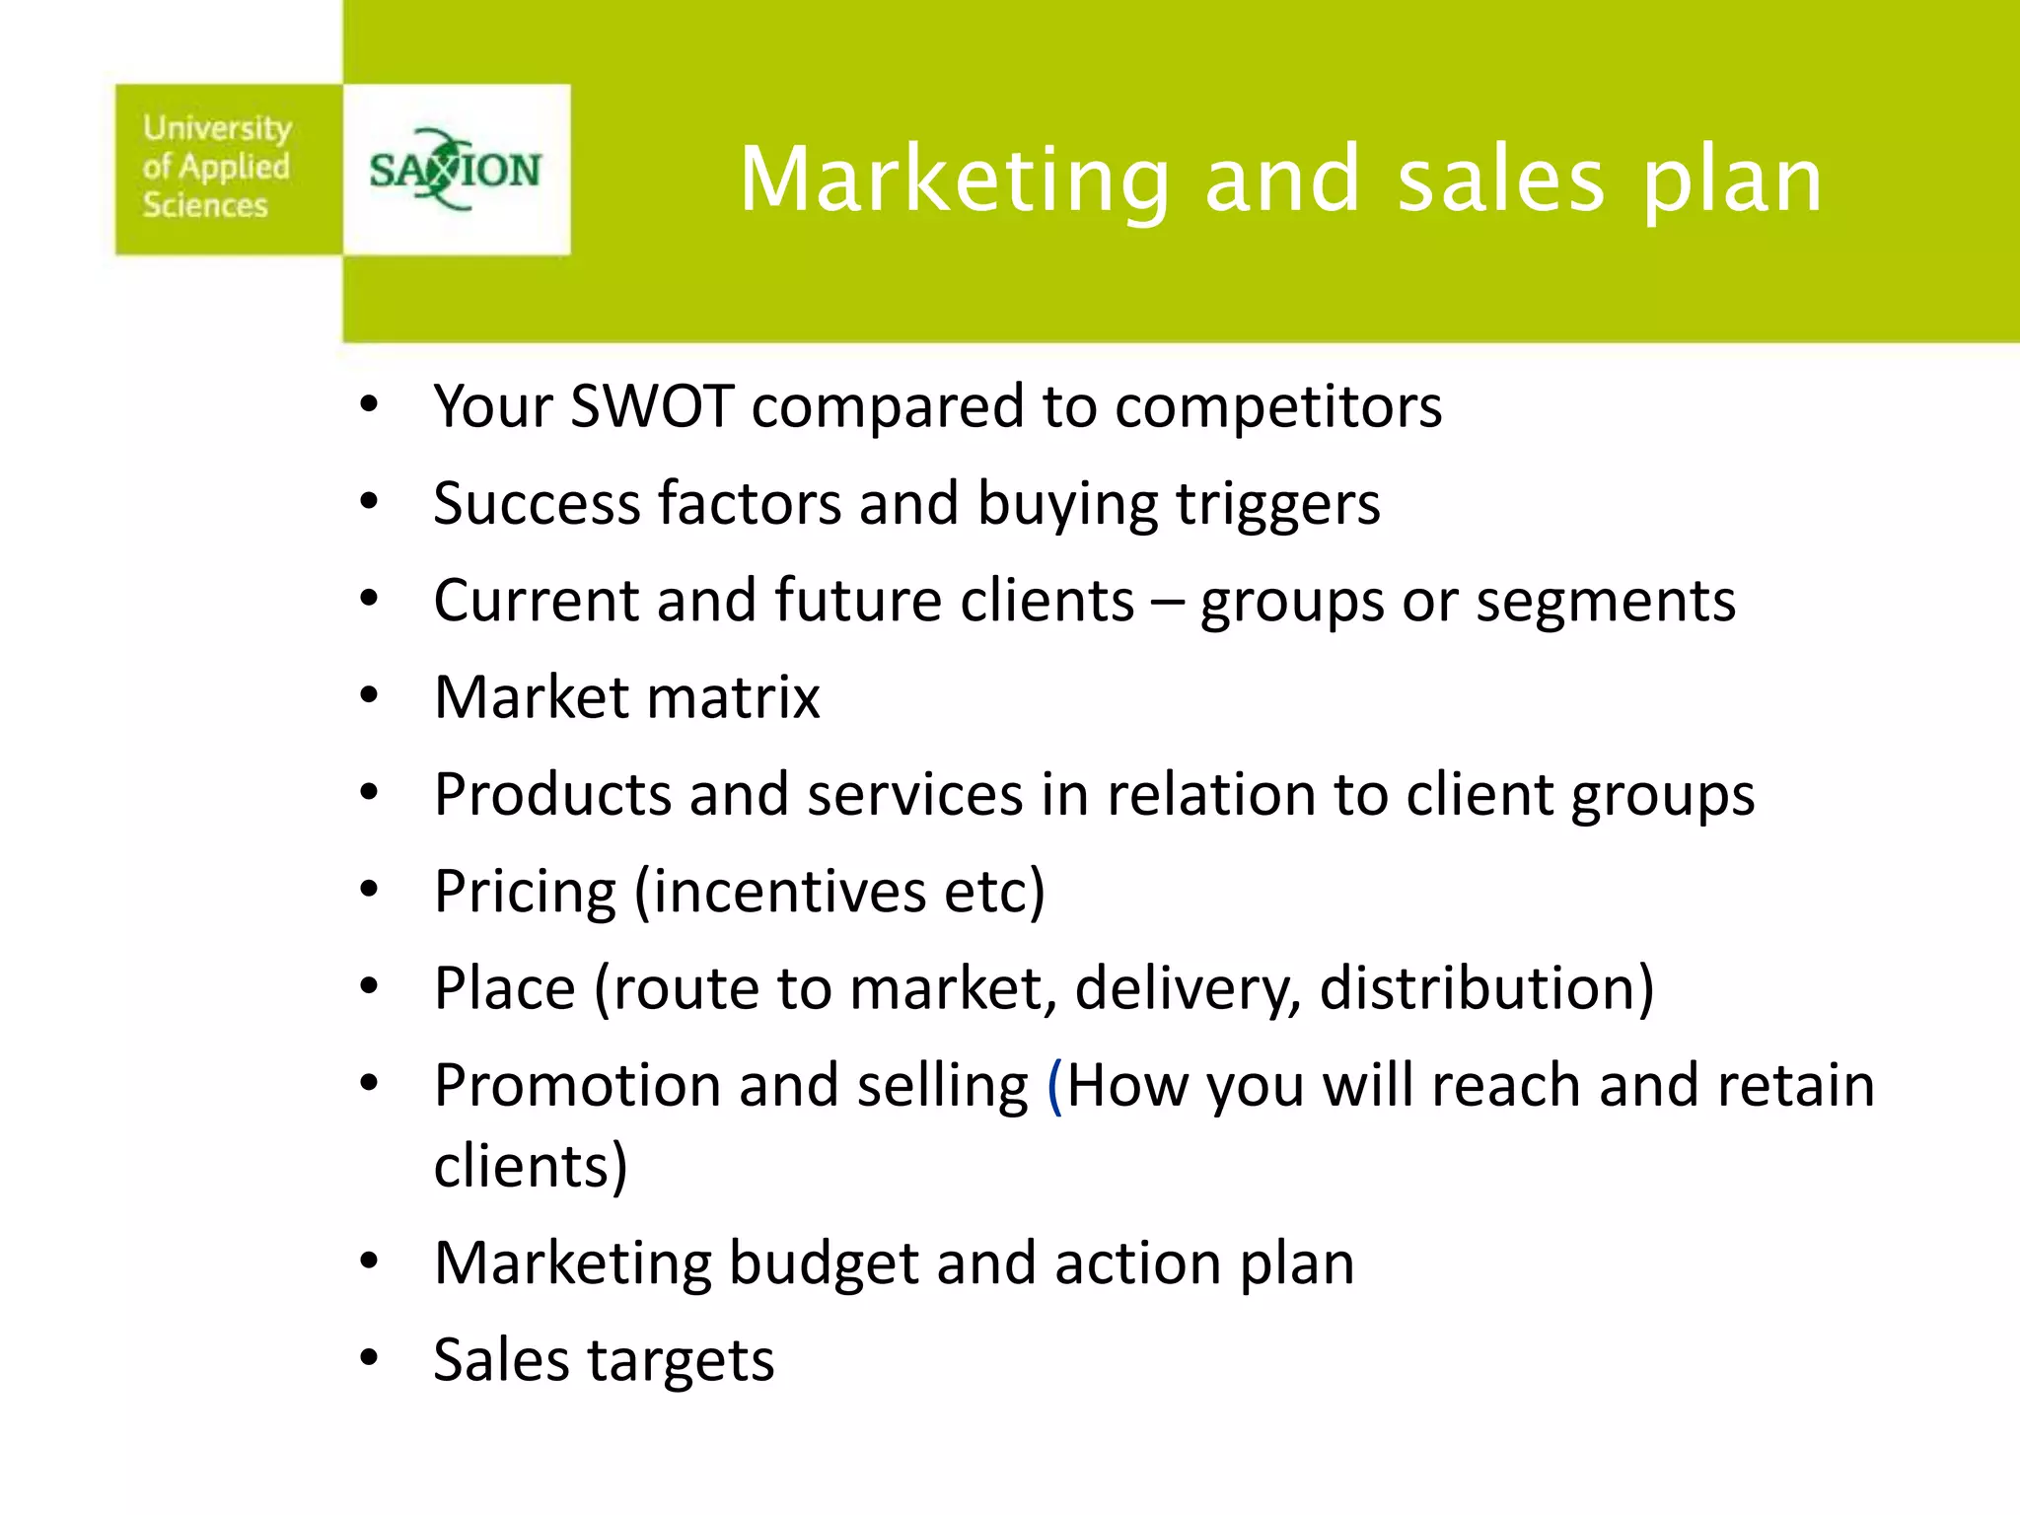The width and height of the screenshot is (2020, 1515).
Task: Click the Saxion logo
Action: point(455,170)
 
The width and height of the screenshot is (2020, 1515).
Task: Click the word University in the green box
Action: point(217,128)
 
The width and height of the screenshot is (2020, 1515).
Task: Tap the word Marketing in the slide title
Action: point(953,180)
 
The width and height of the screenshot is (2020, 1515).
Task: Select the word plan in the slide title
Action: point(1732,180)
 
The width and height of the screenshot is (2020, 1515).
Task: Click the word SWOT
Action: point(652,405)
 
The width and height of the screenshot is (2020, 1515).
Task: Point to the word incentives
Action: point(788,891)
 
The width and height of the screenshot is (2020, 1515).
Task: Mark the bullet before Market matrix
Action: point(369,696)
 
